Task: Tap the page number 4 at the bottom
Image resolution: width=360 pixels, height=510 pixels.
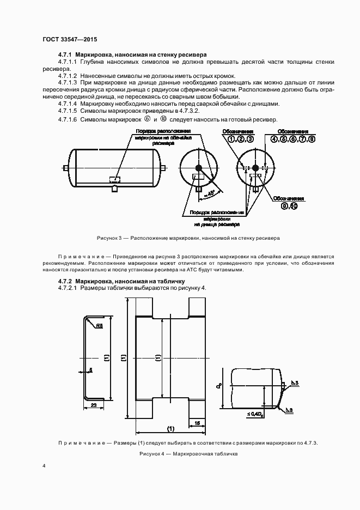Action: [45, 466]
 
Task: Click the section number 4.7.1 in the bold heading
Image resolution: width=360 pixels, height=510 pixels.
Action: [66, 55]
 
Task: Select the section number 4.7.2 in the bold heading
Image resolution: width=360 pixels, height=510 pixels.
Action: [66, 281]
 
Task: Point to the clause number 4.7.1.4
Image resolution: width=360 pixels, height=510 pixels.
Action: [68, 104]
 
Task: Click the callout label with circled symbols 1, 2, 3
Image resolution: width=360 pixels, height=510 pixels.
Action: [241, 139]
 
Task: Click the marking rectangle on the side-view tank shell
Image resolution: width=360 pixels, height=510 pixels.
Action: [115, 178]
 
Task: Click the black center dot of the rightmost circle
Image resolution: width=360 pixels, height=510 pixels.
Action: [254, 168]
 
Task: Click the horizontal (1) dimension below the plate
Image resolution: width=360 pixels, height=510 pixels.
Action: [170, 428]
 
